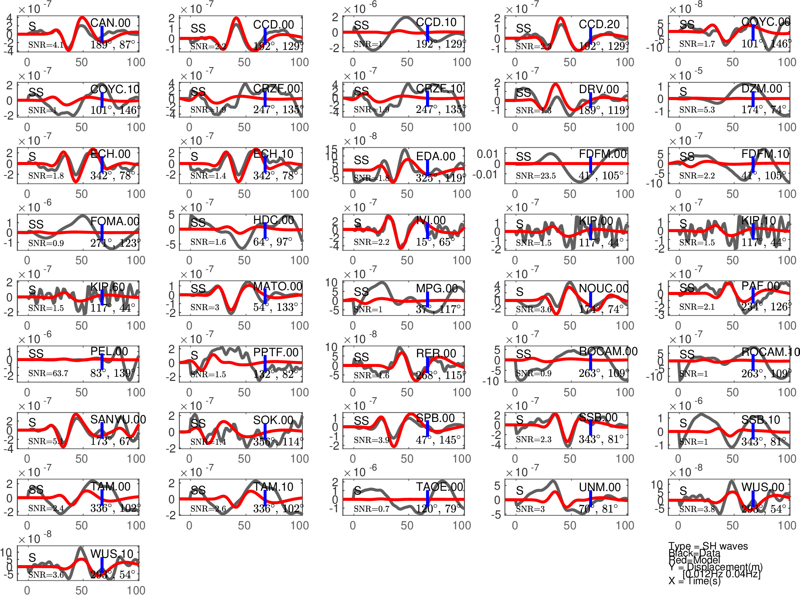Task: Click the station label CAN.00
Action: tap(110, 23)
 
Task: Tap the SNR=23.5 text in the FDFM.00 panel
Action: tap(535, 176)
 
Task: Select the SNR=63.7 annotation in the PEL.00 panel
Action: tap(48, 373)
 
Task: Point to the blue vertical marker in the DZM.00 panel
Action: tap(753, 99)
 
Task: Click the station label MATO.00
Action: tap(277, 286)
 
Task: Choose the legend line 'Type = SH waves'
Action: tap(708, 546)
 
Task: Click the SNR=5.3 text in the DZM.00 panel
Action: tap(697, 109)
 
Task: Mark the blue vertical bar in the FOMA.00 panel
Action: tap(102, 232)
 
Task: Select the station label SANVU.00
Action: tap(118, 419)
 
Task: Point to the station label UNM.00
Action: tap(600, 487)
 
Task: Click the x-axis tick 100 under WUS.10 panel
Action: tap(136, 590)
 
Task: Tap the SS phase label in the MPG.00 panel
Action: tap(361, 291)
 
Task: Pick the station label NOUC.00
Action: tap(603, 288)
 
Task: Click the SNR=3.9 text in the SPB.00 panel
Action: tap(371, 440)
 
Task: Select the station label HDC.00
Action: tap(274, 220)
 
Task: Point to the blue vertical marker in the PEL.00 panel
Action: tap(102, 361)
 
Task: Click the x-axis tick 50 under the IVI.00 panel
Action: tap(407, 260)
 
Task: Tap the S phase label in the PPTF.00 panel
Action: tap(194, 356)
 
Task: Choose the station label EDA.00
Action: tap(436, 156)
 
